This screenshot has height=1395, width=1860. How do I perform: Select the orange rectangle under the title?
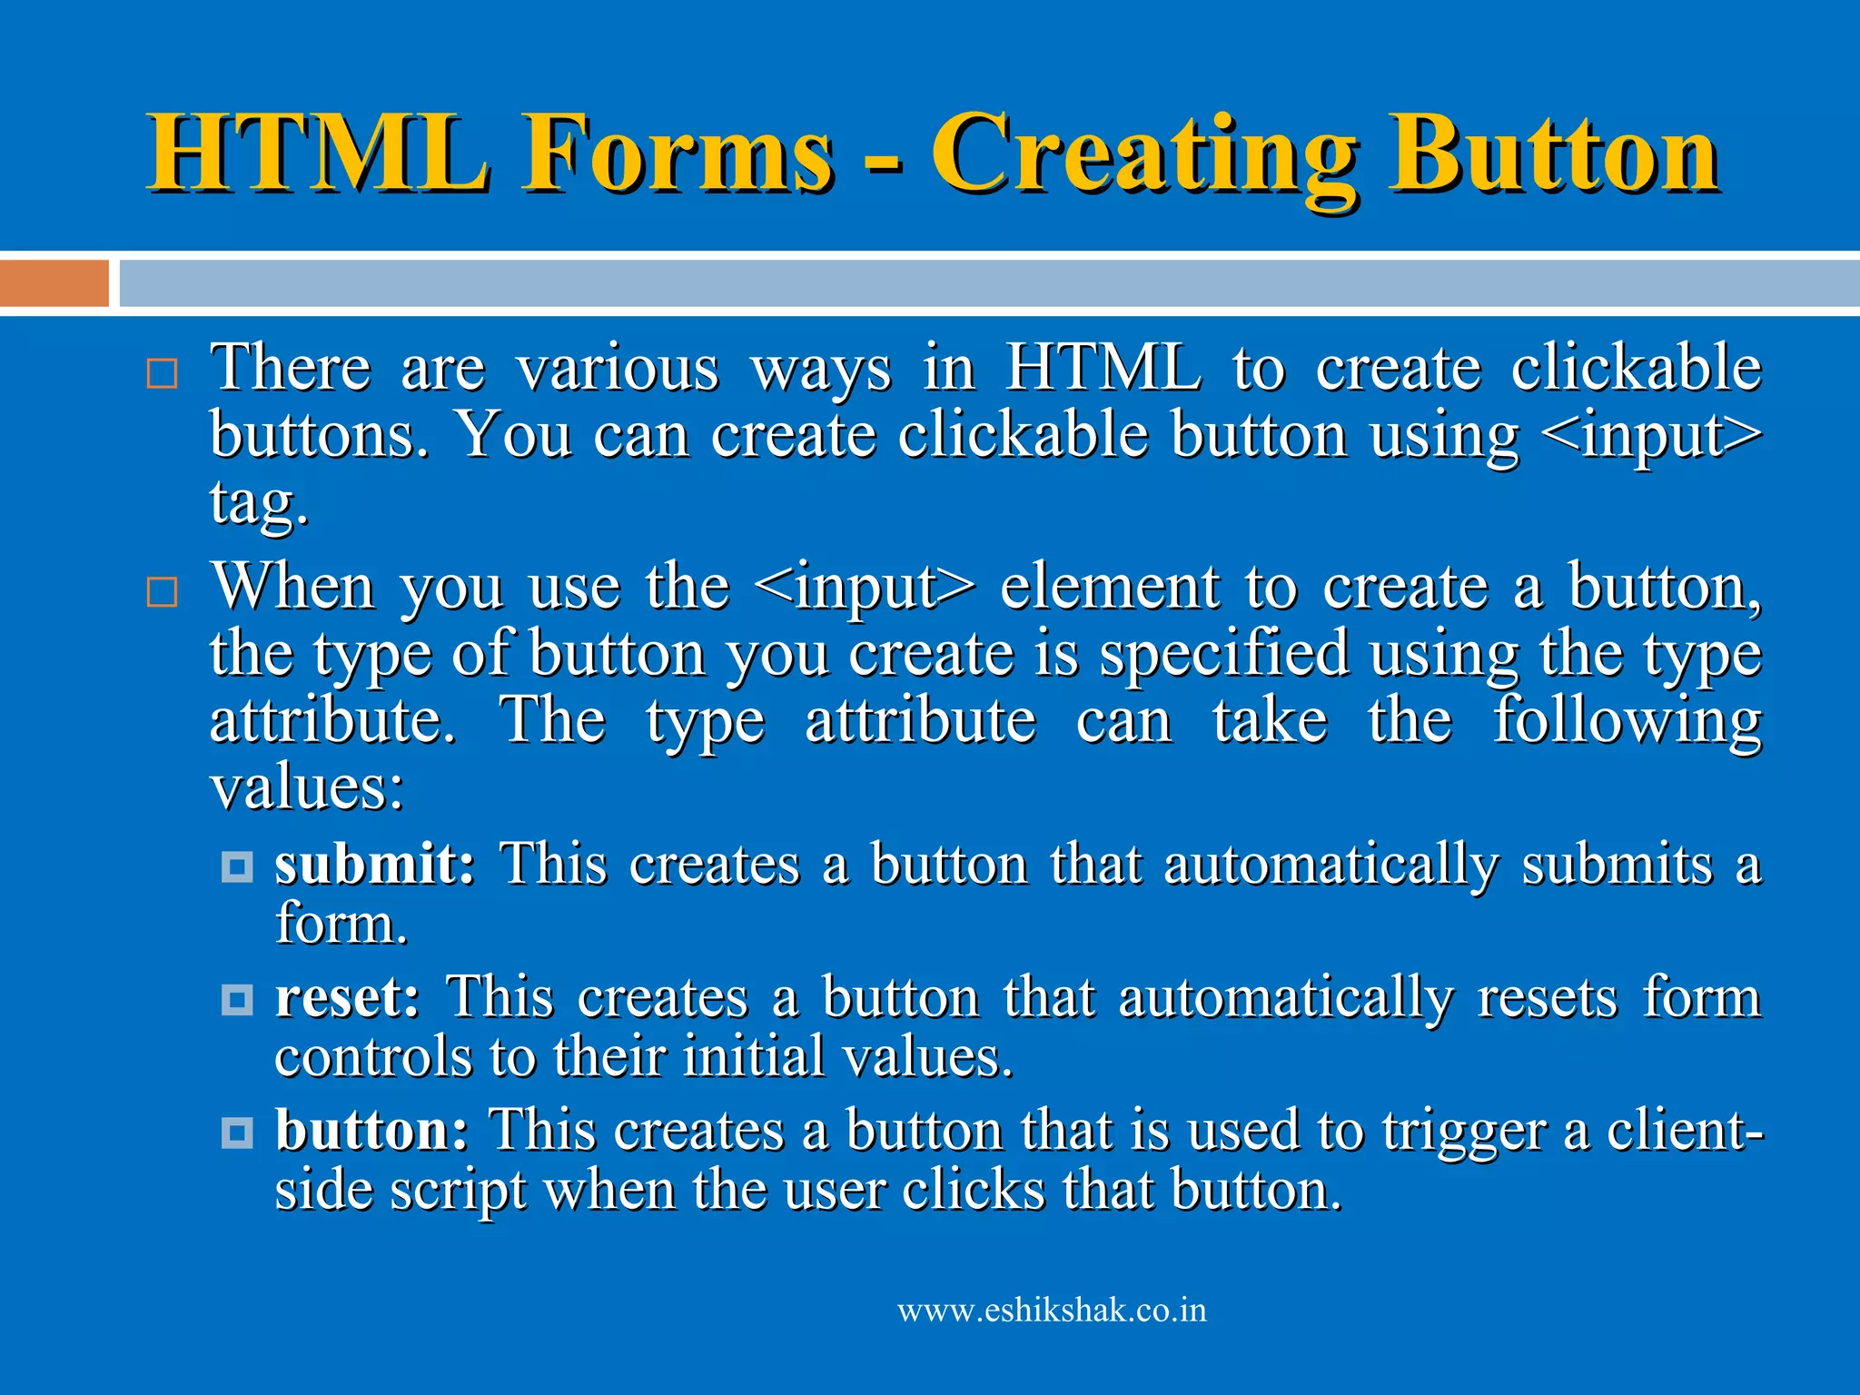tap(54, 283)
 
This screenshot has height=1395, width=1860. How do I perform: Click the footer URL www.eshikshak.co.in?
tap(1052, 1311)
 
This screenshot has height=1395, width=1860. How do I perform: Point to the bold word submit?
tap(375, 864)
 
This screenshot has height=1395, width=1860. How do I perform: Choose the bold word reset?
tap(348, 997)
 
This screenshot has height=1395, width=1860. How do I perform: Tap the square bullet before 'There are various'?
tap(162, 373)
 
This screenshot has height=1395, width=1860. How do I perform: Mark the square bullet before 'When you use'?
tap(162, 592)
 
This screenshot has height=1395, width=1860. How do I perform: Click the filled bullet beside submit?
tap(237, 866)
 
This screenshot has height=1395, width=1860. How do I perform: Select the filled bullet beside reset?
tap(237, 1000)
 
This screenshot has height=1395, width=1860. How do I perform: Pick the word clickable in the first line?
tap(1636, 368)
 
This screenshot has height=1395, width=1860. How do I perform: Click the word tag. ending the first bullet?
tap(260, 502)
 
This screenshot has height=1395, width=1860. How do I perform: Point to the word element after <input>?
tap(1109, 588)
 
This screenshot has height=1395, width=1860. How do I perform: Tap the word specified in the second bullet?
tap(1223, 655)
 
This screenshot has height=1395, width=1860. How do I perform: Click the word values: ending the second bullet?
tap(306, 787)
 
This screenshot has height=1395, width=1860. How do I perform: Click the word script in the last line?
tap(459, 1191)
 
